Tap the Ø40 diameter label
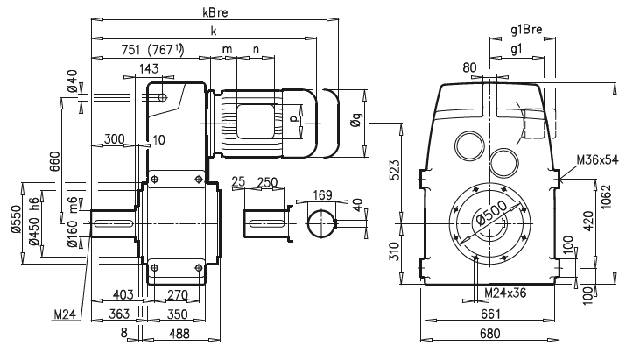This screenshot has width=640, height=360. coord(72,86)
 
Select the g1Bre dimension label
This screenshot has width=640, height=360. coord(527,30)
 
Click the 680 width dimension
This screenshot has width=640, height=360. coord(490,333)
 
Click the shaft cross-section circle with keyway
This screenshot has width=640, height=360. coord(321,224)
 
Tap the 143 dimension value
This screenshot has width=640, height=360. coord(148,68)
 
